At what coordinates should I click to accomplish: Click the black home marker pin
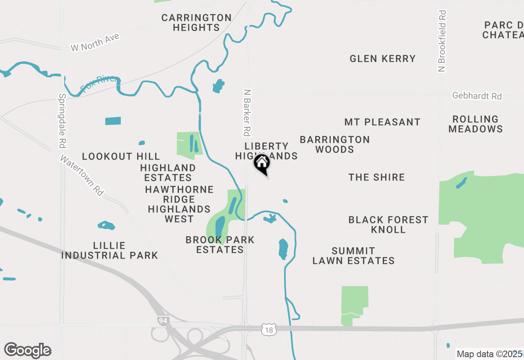262,164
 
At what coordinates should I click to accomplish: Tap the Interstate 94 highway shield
163,321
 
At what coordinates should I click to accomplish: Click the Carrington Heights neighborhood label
196,23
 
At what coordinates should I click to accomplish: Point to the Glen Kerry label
382,59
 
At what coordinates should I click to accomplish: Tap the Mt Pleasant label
382,122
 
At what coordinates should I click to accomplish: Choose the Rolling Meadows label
475,124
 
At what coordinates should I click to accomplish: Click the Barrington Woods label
334,144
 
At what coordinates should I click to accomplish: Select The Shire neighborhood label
376,178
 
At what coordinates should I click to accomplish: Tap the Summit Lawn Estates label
353,256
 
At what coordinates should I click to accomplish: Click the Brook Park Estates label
220,245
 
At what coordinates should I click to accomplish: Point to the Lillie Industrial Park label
109,250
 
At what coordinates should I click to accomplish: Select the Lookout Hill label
121,157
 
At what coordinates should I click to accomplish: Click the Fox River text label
99,84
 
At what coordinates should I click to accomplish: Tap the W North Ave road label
95,43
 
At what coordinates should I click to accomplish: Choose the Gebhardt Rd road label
477,96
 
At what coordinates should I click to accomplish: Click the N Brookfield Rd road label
442,41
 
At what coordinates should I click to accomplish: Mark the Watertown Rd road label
82,175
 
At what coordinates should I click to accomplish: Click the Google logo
27,351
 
